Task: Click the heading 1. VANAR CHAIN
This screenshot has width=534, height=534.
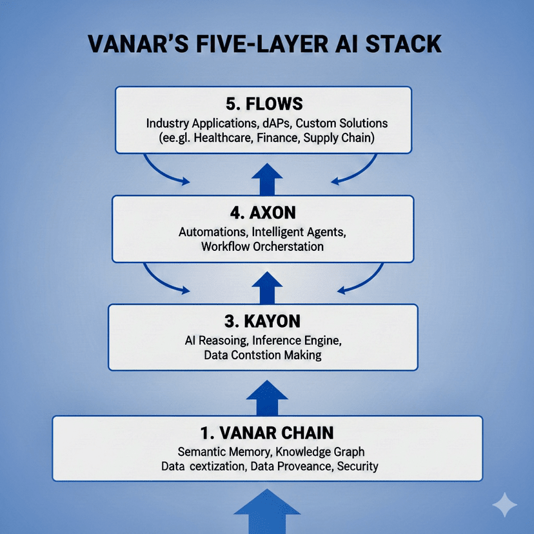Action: point(266,432)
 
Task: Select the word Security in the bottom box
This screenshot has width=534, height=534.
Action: point(355,466)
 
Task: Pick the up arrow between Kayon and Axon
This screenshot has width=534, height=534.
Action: point(266,288)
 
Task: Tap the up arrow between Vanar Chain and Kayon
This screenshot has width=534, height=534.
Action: point(266,397)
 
